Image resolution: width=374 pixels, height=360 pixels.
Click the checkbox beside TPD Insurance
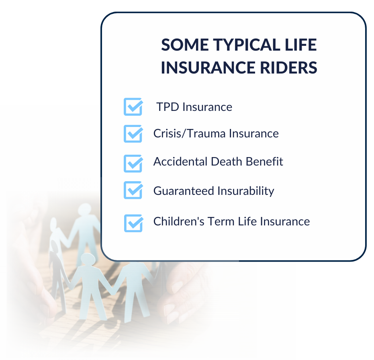[x=133, y=107]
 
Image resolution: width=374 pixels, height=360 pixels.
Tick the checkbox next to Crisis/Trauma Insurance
[x=133, y=134]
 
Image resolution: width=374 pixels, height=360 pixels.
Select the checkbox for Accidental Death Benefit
[x=133, y=164]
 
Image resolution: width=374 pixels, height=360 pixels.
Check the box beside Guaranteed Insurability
[x=133, y=190]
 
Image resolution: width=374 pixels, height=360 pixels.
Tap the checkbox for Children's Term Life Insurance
[x=133, y=223]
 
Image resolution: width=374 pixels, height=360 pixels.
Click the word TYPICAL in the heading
[x=247, y=45]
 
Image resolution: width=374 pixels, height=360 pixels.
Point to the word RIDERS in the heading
[x=288, y=67]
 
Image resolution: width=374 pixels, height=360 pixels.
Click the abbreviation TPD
[x=168, y=107]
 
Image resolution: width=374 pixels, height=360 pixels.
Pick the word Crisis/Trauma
[x=189, y=133]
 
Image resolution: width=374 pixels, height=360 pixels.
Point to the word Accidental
[x=180, y=162]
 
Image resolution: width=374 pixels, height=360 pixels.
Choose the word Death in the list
[x=227, y=162]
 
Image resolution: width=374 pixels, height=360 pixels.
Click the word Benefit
[x=264, y=162]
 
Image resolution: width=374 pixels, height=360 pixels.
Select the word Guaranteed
[x=184, y=191]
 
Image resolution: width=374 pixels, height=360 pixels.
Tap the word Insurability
[x=246, y=191]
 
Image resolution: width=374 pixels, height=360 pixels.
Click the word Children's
[x=179, y=221]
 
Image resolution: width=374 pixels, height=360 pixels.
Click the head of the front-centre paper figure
[x=88, y=259]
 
